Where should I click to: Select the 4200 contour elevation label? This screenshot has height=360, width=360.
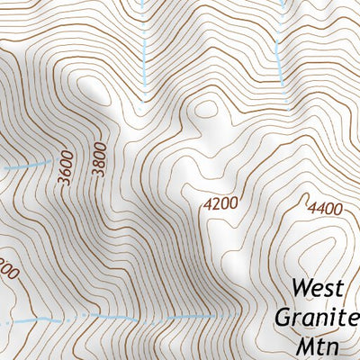220,203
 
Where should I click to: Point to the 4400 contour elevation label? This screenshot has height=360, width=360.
325,209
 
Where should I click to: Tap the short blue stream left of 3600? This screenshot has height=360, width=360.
27,166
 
